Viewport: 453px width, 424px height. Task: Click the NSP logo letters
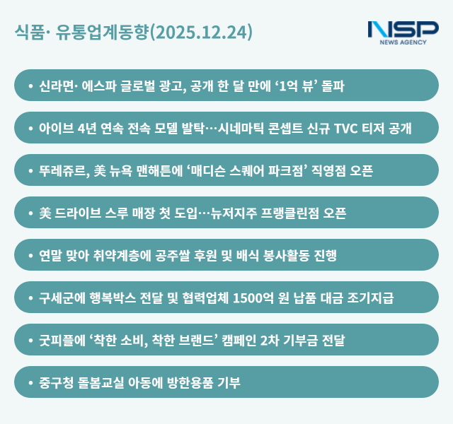[x=403, y=30]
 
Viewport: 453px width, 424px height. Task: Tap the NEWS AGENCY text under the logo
[x=403, y=42]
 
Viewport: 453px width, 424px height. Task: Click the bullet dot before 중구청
[x=30, y=382]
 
